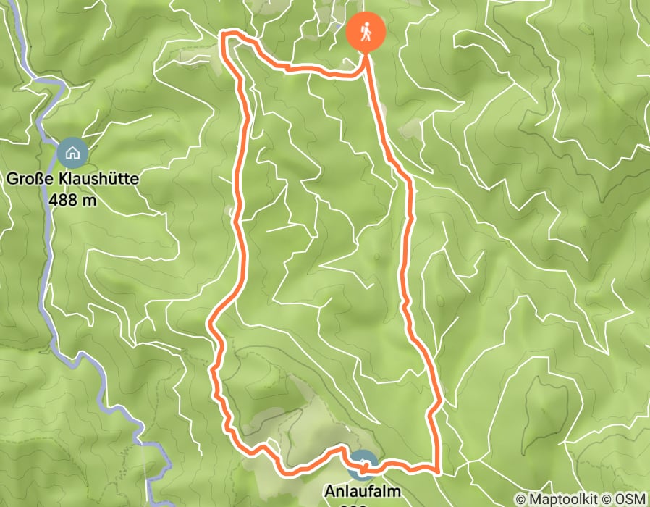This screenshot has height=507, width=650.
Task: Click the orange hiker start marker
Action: (366, 33)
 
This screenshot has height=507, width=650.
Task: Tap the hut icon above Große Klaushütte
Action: (72, 153)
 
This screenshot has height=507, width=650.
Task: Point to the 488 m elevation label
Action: (73, 199)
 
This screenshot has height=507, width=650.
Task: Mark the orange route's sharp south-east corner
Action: (438, 470)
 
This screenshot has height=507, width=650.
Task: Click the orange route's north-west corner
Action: (224, 35)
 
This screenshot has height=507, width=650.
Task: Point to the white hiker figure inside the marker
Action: (366, 32)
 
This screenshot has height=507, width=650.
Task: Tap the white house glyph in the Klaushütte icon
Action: (72, 153)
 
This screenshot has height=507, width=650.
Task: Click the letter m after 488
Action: (89, 199)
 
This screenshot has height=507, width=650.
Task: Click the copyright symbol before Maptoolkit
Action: (521, 499)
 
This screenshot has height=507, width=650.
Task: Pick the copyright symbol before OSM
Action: (607, 499)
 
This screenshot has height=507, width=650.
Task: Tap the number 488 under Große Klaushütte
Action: (64, 199)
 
